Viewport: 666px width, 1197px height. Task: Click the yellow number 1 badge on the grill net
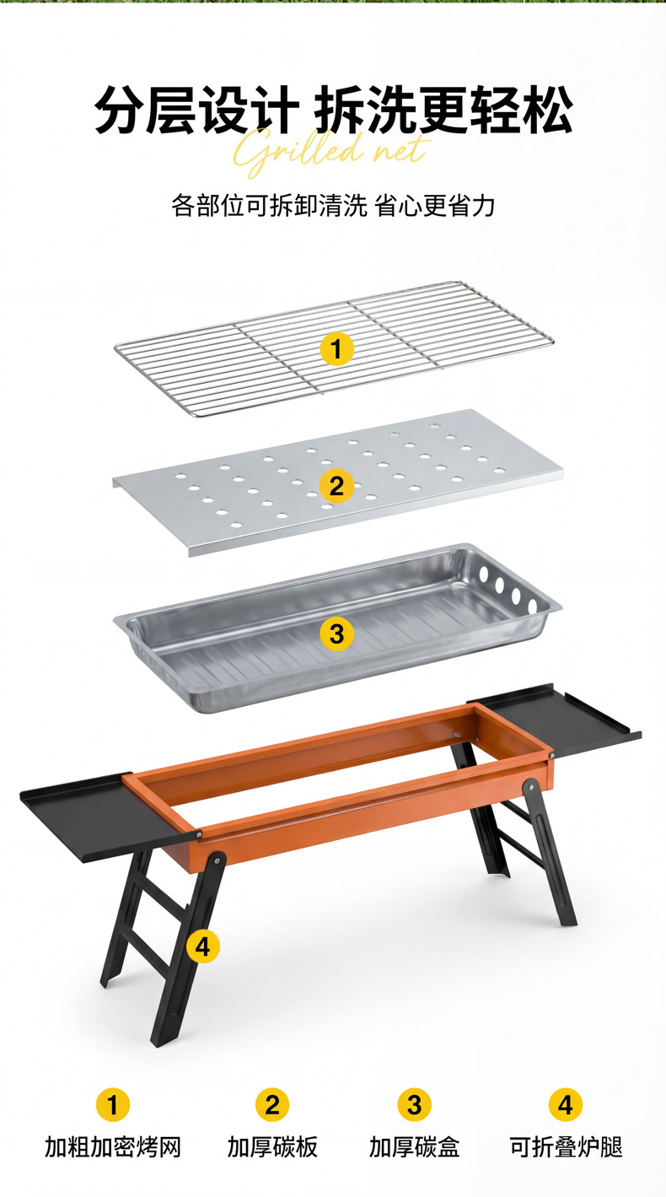(336, 349)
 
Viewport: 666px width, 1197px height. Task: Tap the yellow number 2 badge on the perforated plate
(336, 486)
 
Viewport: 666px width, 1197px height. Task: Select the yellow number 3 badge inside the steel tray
(336, 634)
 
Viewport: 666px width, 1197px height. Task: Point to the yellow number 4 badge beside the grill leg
(203, 947)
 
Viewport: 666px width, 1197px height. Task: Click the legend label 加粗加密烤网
(113, 1147)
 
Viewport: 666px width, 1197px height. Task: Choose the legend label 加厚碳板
(272, 1147)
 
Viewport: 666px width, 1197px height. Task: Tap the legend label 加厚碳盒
(415, 1147)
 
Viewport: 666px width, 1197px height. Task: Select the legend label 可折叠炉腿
(567, 1147)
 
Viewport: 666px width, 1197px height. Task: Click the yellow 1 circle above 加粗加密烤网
(113, 1104)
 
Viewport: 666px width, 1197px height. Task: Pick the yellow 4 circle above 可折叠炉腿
(566, 1104)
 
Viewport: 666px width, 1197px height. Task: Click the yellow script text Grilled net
(331, 151)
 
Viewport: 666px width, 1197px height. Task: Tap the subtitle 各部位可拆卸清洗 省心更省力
(333, 205)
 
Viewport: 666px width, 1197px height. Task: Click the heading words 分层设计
(196, 110)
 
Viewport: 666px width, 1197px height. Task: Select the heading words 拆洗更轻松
(443, 109)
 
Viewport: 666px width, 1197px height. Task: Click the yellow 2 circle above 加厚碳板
(272, 1104)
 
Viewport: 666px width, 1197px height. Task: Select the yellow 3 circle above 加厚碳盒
(415, 1104)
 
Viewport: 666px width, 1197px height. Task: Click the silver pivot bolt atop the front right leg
(531, 786)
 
